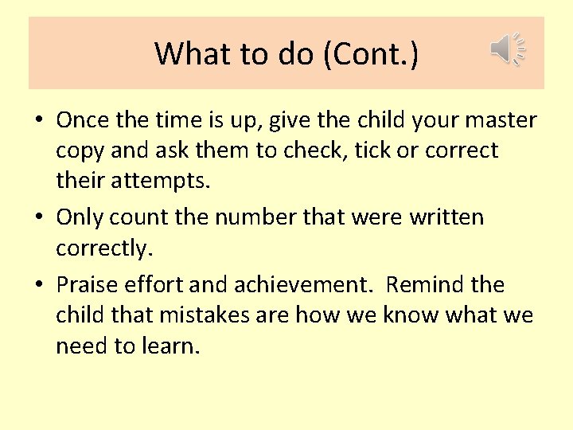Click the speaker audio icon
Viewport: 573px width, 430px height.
tap(507, 50)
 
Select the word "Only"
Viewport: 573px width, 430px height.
tap(80, 217)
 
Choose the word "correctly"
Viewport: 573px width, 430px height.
tap(102, 249)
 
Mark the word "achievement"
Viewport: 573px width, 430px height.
tap(316, 285)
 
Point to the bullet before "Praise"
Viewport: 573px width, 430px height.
tap(40, 285)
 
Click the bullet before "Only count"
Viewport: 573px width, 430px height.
tap(40, 217)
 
